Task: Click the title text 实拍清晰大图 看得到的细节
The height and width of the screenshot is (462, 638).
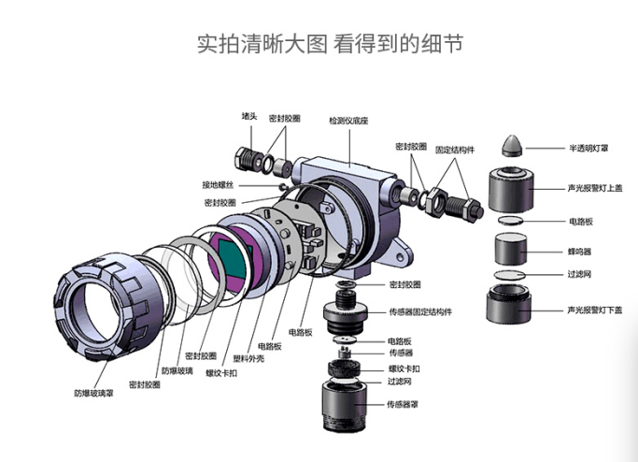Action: point(318,42)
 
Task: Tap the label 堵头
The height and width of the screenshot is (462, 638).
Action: point(249,116)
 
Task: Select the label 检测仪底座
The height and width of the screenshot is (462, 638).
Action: point(347,122)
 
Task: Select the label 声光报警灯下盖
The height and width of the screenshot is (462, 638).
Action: point(593,310)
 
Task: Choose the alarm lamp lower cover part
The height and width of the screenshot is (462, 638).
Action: point(511,306)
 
